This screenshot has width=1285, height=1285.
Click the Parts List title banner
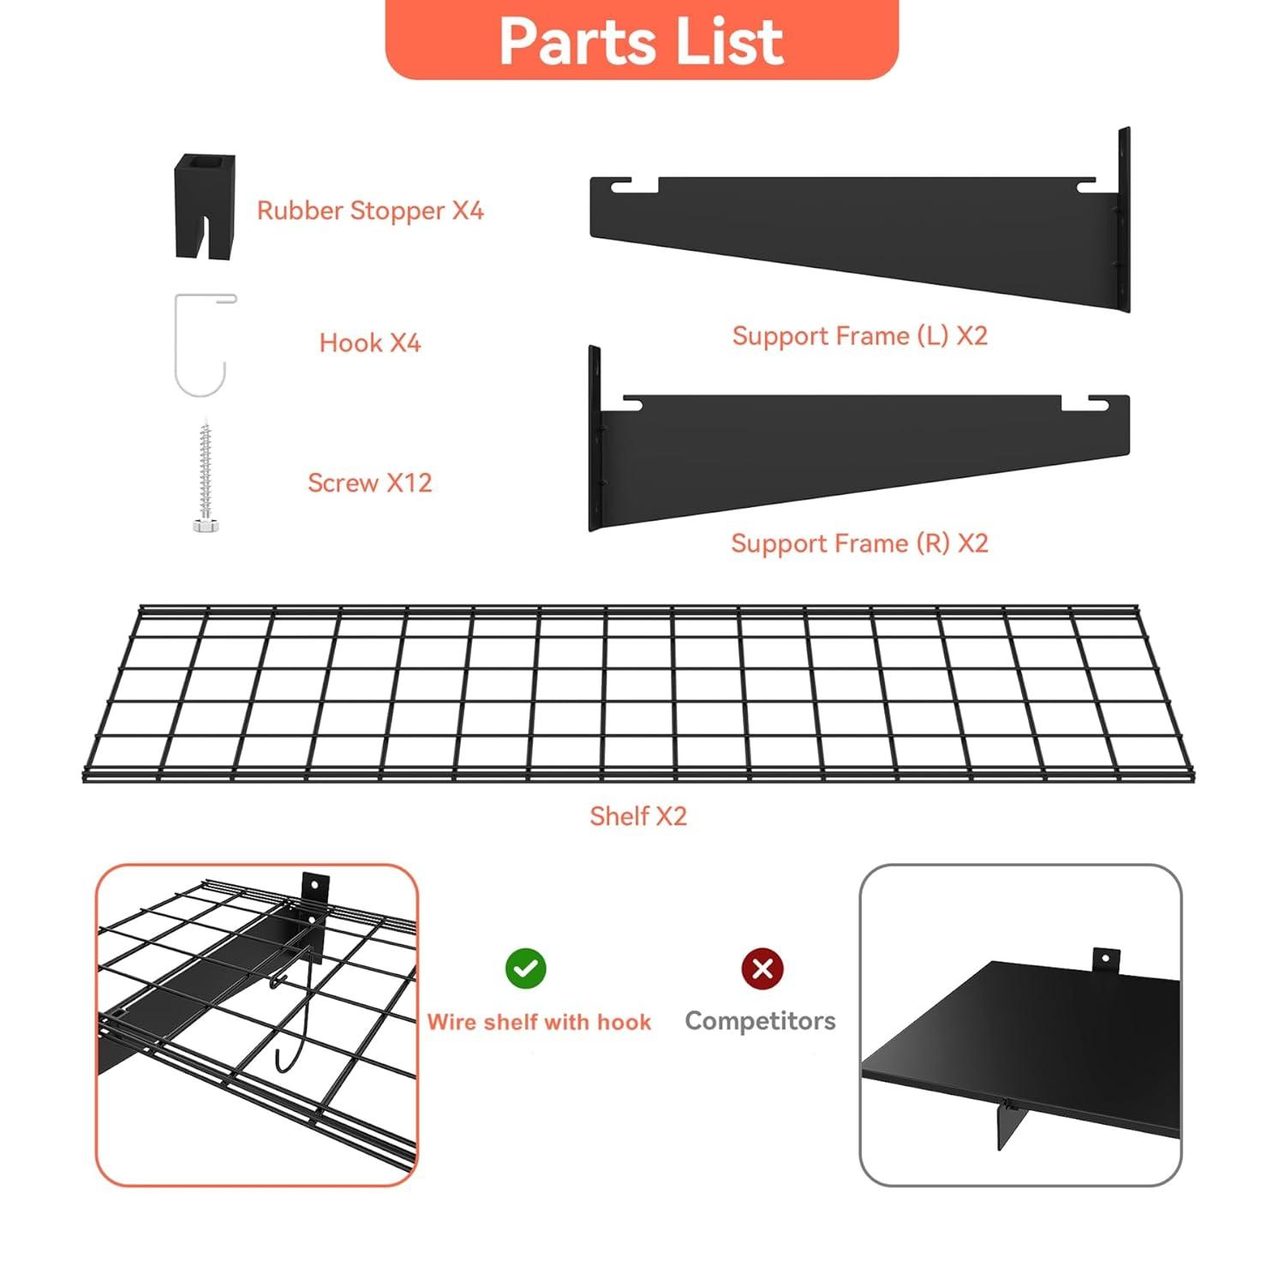[x=642, y=40]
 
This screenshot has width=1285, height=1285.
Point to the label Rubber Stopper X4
[x=370, y=211]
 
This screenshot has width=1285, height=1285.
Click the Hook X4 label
[x=370, y=344]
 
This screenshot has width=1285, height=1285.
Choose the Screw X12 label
[x=370, y=483]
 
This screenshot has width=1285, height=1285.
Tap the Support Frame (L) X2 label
[x=859, y=336]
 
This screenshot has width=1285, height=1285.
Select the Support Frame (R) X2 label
[x=859, y=543]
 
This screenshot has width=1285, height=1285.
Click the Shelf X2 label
[x=638, y=816]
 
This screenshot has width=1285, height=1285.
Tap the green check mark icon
[x=525, y=969]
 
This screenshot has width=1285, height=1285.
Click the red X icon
[x=762, y=969]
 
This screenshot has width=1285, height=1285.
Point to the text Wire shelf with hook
[x=539, y=1022]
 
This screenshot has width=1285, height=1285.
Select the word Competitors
[x=760, y=1021]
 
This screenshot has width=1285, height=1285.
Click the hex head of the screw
[x=204, y=524]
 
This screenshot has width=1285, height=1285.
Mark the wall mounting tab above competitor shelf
[x=1105, y=959]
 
